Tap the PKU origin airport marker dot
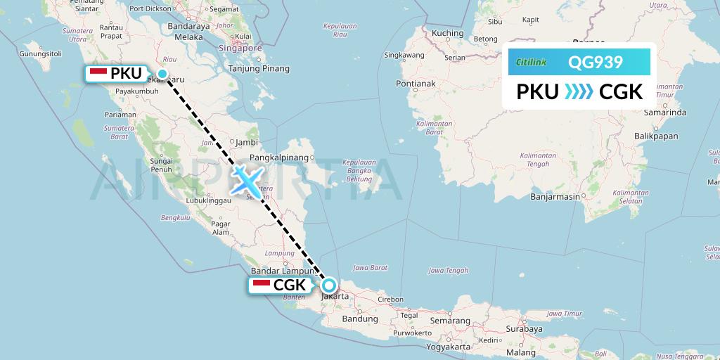pyautogui.click(x=162, y=74)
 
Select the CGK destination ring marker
pyautogui.click(x=328, y=285)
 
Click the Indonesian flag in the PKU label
pyautogui.click(x=98, y=73)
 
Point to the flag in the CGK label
pyautogui.click(x=261, y=285)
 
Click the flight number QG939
pyautogui.click(x=595, y=63)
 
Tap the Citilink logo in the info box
pyautogui.click(x=532, y=63)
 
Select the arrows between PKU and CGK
pyautogui.click(x=579, y=92)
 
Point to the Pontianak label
pyautogui.click(x=416, y=84)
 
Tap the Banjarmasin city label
pyautogui.click(x=555, y=196)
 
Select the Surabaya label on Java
pyautogui.click(x=523, y=328)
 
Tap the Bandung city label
pyautogui.click(x=341, y=319)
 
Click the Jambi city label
pyautogui.click(x=247, y=141)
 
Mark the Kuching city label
pyautogui.click(x=447, y=33)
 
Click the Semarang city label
pyautogui.click(x=449, y=320)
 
